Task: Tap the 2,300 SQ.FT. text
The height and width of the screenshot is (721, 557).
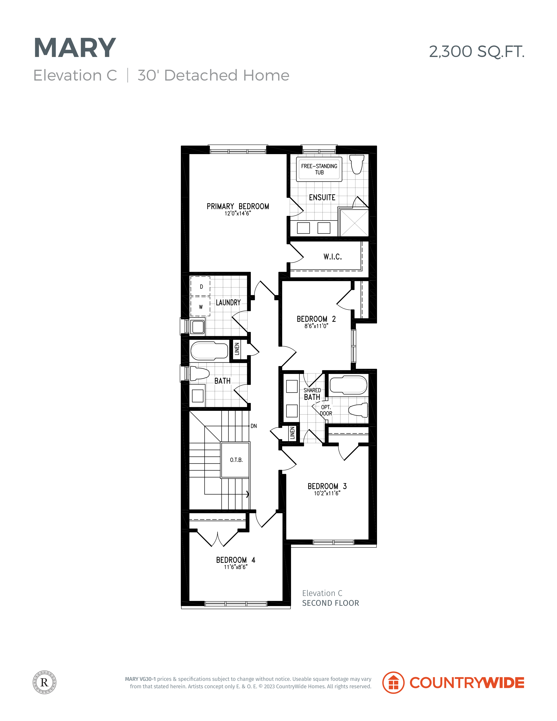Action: pos(476,52)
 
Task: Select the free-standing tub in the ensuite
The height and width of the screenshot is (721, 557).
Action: pos(319,169)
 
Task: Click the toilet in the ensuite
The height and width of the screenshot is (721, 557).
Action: pos(357,164)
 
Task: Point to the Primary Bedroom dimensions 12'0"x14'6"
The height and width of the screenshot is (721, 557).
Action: pos(238,213)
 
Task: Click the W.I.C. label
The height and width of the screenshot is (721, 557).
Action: pos(332,256)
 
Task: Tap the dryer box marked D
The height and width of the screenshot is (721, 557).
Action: pos(200,286)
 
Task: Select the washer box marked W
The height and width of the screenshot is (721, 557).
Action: pos(200,306)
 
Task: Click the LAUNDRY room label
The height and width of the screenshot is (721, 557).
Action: pos(228,302)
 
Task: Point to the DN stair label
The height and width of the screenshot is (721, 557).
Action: pos(254,426)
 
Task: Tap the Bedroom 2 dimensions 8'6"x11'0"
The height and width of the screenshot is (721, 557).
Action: pos(316,326)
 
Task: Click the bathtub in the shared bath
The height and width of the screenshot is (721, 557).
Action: pos(348,385)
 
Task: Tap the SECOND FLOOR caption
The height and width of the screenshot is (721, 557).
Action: pos(330,603)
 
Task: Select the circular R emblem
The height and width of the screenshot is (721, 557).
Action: pos(44,682)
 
